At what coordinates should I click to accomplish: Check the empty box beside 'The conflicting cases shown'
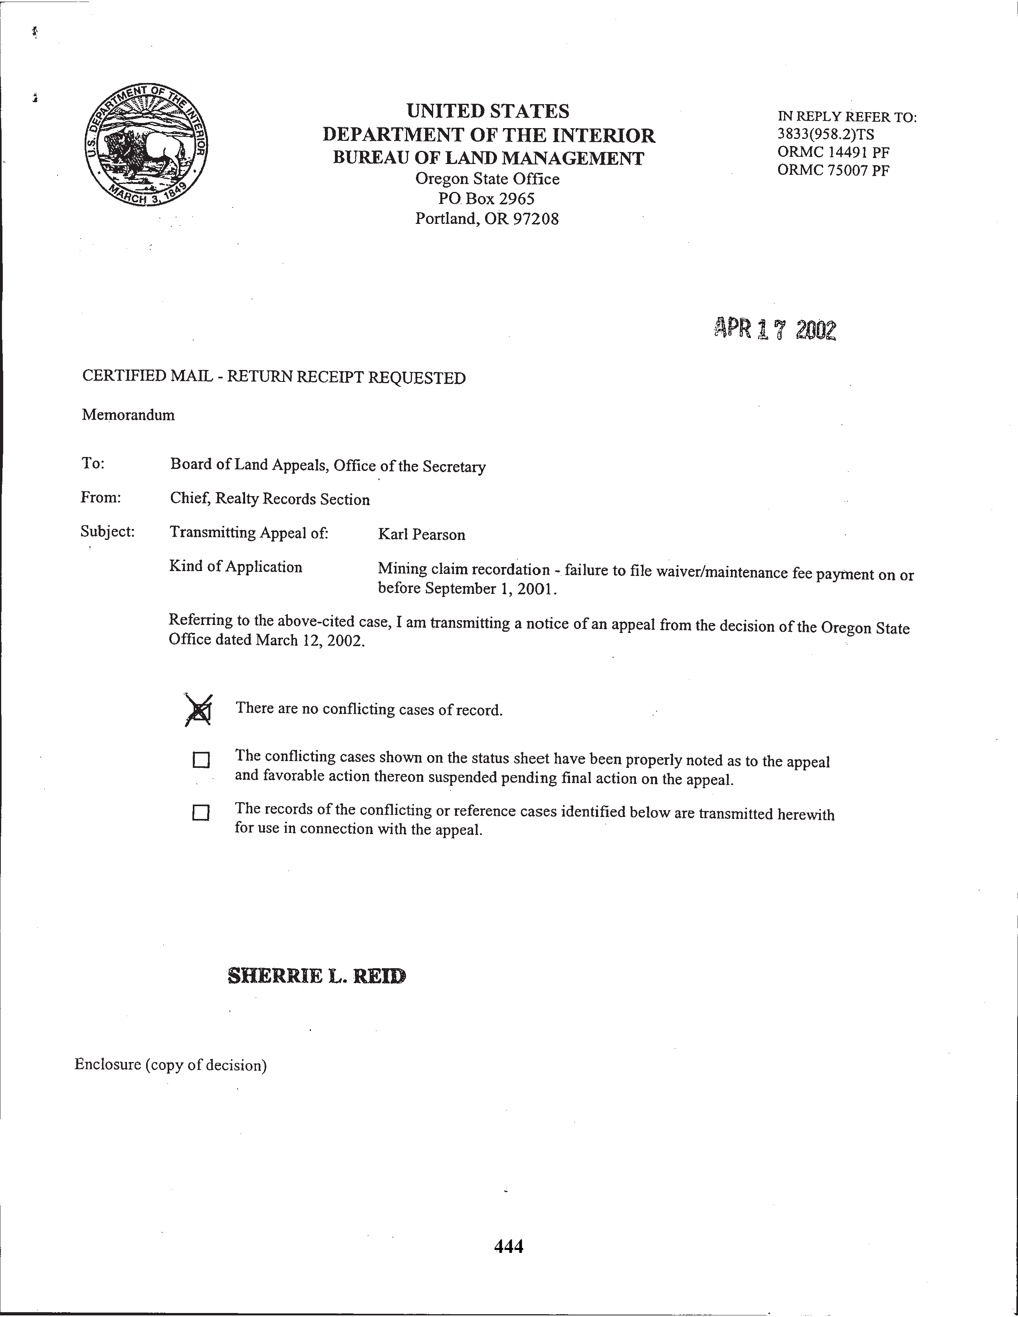click(201, 760)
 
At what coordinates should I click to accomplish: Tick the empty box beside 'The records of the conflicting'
click(201, 813)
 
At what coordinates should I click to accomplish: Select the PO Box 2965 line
click(486, 198)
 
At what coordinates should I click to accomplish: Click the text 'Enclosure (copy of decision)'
click(171, 1064)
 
